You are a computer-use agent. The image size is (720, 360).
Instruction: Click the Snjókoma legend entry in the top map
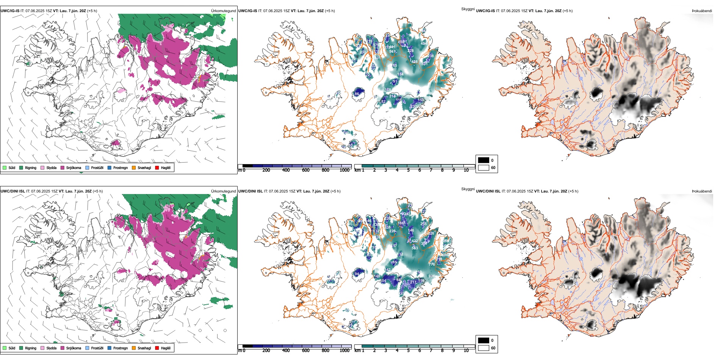(x=73, y=167)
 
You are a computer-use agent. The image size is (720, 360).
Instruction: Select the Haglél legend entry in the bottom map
(x=165, y=348)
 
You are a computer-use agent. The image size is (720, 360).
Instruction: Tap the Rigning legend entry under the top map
(x=30, y=167)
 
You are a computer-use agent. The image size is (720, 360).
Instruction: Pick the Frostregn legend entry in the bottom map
(x=120, y=348)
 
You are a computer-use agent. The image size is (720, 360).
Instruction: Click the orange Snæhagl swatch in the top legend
(x=134, y=167)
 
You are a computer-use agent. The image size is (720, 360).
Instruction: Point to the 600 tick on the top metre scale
(x=305, y=170)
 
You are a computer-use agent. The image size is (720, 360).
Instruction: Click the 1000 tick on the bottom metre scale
(x=344, y=351)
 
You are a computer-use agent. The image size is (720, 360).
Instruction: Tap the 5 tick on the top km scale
(x=408, y=170)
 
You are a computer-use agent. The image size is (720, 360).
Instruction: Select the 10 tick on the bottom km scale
(x=466, y=351)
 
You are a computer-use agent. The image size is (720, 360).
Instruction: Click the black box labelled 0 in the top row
(x=484, y=160)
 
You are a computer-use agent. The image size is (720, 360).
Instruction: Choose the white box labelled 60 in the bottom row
(x=484, y=348)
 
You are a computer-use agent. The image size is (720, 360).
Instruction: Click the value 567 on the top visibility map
(x=392, y=52)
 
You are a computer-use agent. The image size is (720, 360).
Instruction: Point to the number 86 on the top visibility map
(x=357, y=94)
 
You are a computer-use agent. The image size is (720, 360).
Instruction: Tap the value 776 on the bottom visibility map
(x=432, y=264)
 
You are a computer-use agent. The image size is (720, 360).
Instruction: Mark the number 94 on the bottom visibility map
(x=357, y=274)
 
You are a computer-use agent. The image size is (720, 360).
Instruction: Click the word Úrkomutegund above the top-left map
(x=223, y=11)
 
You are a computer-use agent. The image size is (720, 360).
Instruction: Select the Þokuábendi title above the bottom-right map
(x=701, y=191)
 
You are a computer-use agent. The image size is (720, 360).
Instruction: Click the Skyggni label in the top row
(x=468, y=9)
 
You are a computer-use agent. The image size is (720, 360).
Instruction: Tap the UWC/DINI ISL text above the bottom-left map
(x=13, y=191)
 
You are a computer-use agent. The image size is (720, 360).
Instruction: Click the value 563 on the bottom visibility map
(x=415, y=248)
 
